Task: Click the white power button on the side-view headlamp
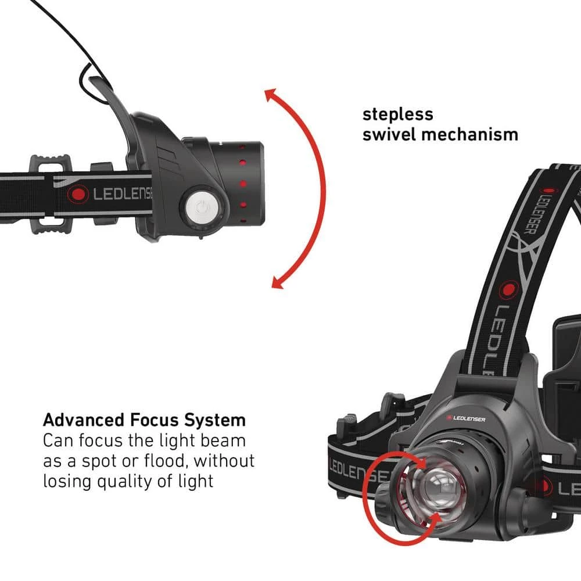(x=202, y=207)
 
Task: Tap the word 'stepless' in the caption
(x=397, y=114)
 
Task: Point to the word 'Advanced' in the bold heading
(x=83, y=420)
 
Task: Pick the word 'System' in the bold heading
(x=215, y=421)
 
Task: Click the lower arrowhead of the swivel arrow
(x=278, y=282)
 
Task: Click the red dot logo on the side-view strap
(x=78, y=194)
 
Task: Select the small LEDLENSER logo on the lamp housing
(x=465, y=419)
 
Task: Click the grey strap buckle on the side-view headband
(x=50, y=195)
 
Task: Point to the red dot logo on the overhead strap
(x=509, y=290)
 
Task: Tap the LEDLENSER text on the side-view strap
(x=122, y=194)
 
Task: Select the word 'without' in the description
(x=224, y=461)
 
